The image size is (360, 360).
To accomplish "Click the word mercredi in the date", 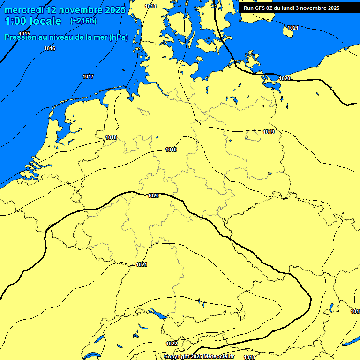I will tap(24, 9).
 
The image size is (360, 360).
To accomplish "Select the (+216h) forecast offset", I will tap(83, 21).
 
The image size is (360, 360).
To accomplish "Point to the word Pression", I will tap(19, 37).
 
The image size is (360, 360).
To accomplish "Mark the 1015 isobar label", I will tap(24, 34).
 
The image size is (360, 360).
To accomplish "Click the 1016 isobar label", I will tap(50, 48).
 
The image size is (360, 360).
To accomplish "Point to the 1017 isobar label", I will tap(88, 76).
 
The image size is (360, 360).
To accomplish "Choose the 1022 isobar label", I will tap(172, 344).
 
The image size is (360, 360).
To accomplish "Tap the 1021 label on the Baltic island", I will tap(293, 28).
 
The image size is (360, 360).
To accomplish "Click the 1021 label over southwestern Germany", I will tap(142, 264).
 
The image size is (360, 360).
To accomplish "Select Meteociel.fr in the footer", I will tap(218, 357).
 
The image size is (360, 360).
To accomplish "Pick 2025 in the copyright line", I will tap(197, 357).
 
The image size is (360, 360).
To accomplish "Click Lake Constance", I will tap(157, 314).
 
